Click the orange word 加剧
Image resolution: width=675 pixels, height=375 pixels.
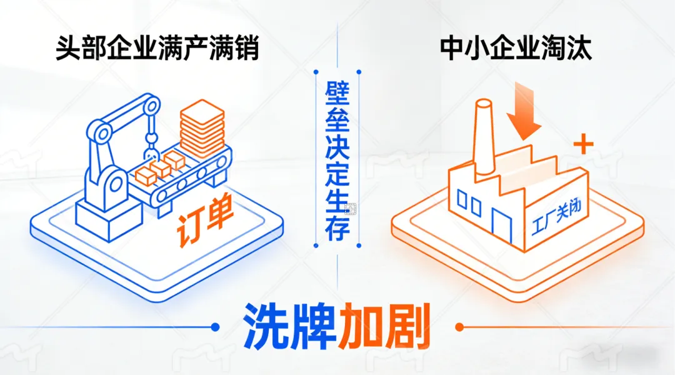click(x=385, y=327)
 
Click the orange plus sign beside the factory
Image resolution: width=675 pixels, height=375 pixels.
click(x=582, y=146)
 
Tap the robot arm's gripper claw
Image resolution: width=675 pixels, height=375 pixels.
click(x=151, y=150)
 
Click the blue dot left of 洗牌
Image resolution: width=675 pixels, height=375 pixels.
click(x=216, y=326)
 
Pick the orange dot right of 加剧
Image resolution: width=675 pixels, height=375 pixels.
click(x=459, y=326)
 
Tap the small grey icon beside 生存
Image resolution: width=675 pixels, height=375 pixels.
click(x=351, y=209)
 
